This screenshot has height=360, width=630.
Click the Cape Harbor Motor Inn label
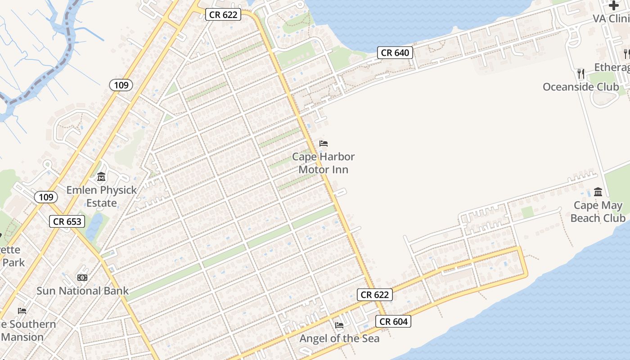point(323,163)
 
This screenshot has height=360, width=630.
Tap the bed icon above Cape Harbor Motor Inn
point(324,144)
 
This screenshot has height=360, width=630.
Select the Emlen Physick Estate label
point(101,196)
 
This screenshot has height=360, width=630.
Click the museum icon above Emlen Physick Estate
point(101,177)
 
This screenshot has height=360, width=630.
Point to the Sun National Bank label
point(82,291)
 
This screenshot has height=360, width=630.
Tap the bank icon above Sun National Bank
point(82,278)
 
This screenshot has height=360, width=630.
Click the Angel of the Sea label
point(339,338)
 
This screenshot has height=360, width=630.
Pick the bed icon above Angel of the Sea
point(339,325)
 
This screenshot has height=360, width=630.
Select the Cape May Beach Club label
point(598,211)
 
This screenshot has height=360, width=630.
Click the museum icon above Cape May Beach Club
point(598,192)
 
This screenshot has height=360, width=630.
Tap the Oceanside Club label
point(580,87)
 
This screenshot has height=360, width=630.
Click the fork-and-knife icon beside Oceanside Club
point(581,73)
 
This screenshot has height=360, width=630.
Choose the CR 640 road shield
point(395,53)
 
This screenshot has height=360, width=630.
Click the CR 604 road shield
point(393,321)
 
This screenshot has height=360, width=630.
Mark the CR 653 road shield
point(67,221)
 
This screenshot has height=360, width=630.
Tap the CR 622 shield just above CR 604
point(375,295)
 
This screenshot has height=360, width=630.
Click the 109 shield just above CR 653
point(46,197)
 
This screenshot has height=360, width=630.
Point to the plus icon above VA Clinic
point(614,5)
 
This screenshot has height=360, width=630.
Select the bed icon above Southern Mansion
point(22,310)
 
